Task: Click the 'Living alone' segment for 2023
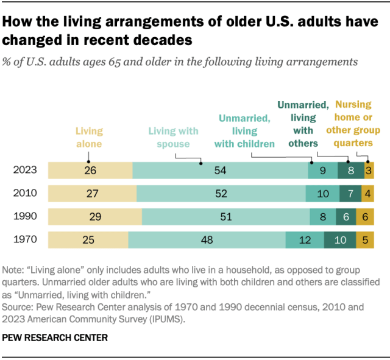click(90, 171)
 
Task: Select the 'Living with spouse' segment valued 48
click(207, 240)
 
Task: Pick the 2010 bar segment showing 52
click(221, 194)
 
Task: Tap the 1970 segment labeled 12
click(305, 240)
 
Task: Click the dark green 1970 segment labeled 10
click(341, 240)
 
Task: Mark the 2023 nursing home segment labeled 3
click(369, 171)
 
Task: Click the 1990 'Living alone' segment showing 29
click(94, 217)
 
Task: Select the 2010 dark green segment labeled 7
click(350, 194)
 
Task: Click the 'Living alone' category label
click(89, 137)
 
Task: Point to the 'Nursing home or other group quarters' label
click(353, 124)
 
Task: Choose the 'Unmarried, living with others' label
click(303, 124)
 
